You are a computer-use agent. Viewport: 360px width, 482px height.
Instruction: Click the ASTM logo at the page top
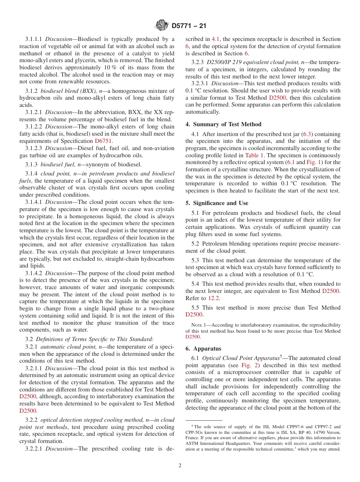pyautogui.click(x=162, y=25)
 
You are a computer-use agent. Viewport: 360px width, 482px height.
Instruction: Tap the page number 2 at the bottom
pyautogui.click(x=180, y=466)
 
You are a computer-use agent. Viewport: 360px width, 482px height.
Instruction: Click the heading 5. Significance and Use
pyautogui.click(x=217, y=203)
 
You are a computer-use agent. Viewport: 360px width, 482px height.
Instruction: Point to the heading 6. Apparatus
pyautogui.click(x=203, y=349)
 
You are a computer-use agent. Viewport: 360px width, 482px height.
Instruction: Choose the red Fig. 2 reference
pyautogui.click(x=250, y=365)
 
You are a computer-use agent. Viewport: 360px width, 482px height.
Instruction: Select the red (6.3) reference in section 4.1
pyautogui.click(x=307, y=134)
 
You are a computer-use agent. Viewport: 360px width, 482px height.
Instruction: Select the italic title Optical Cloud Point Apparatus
pyautogui.click(x=241, y=358)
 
